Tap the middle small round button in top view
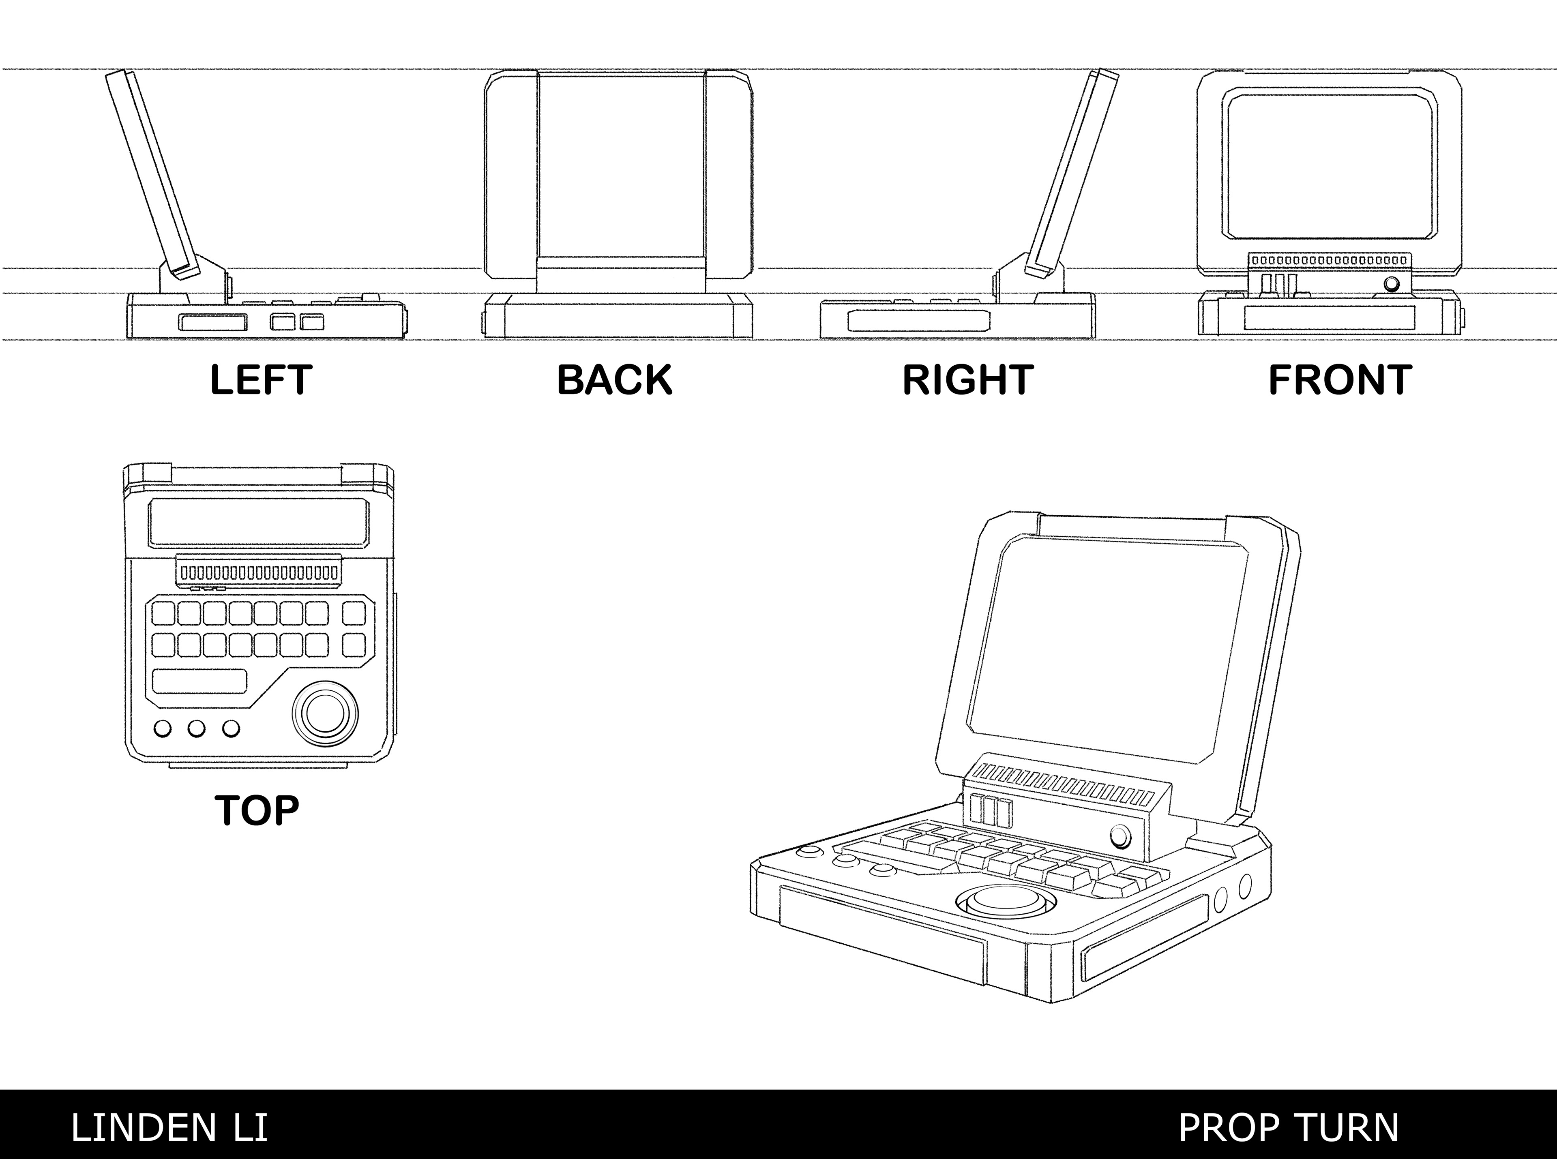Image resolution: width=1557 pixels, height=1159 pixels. pos(197,729)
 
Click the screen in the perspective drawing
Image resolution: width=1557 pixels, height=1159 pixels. pos(1109,649)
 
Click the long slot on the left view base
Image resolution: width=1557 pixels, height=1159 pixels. pos(212,323)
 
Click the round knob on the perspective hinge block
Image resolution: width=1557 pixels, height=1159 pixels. pos(1121,836)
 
